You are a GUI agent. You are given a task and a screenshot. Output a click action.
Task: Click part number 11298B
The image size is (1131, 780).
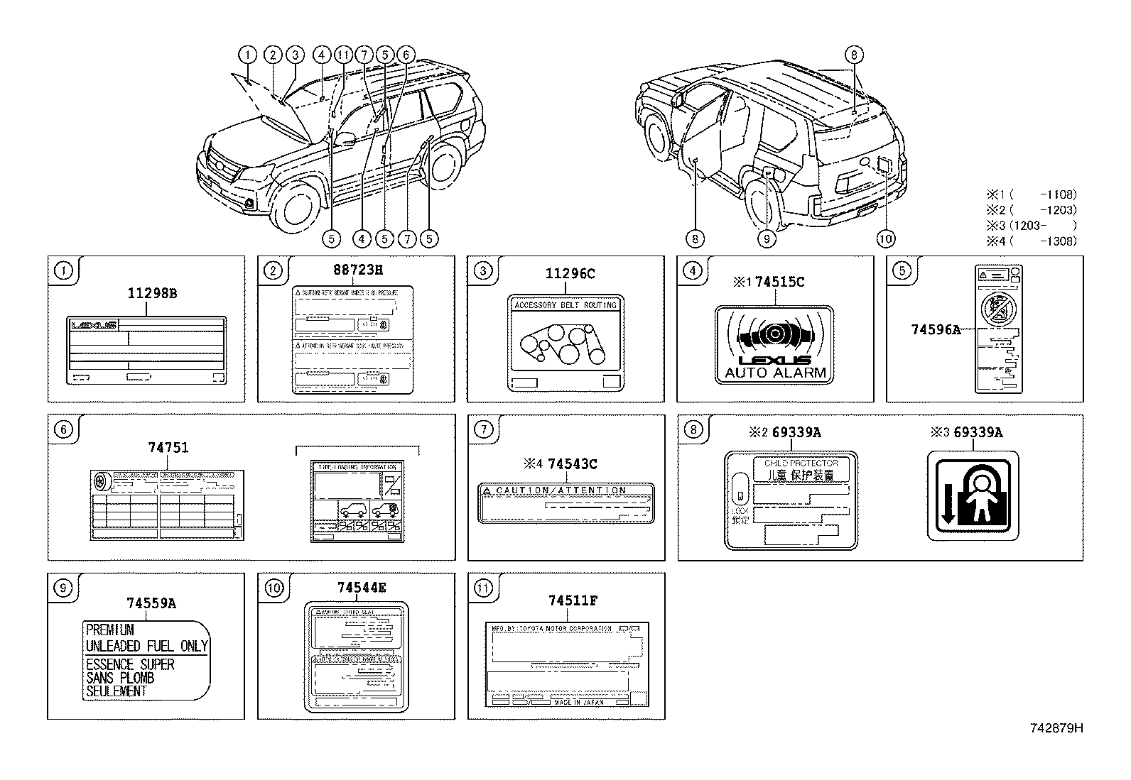[x=152, y=292]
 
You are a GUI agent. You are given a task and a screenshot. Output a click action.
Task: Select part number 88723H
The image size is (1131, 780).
[x=358, y=270]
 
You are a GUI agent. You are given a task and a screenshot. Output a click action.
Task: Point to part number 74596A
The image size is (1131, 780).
[x=935, y=329]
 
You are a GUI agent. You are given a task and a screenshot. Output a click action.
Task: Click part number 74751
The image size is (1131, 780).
[x=168, y=448]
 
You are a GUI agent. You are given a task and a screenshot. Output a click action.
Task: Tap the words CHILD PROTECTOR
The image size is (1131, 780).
[x=801, y=463]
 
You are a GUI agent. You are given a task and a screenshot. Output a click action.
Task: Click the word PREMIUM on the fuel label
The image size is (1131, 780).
[x=109, y=630]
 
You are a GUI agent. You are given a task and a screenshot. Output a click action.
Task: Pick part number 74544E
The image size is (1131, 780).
[x=362, y=588]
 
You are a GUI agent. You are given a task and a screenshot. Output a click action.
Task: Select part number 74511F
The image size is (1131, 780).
[x=572, y=600]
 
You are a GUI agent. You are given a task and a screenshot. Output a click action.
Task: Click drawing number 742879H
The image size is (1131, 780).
[x=1056, y=727]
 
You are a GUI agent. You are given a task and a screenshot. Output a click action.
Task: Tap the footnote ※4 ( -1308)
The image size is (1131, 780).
[x=1031, y=241]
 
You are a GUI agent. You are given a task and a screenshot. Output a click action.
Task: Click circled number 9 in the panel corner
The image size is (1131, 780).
[x=63, y=588]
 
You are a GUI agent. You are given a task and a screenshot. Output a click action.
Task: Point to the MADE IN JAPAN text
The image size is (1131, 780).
[x=579, y=702]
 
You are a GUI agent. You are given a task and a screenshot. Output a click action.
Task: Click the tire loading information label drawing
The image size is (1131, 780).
[x=357, y=502]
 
